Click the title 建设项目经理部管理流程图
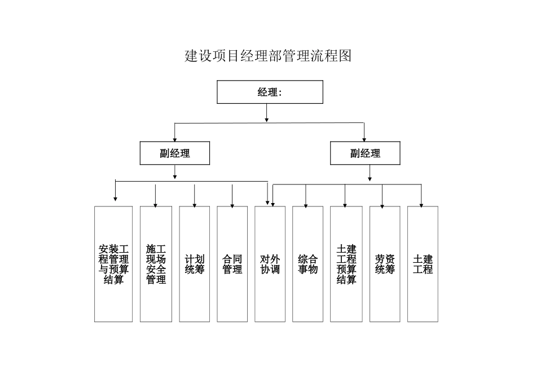pos(268,56)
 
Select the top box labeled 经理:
pos(270,92)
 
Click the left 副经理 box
pos(174,153)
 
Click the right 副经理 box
pos(365,153)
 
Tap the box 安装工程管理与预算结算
pos(113,264)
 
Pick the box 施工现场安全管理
pos(156,264)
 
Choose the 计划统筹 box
pos(195,264)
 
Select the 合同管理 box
pos(232,264)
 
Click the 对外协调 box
pos(270,264)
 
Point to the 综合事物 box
pos(307,264)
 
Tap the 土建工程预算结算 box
pos(346,264)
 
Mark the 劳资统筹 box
pos(384,264)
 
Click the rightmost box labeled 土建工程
pos(423,264)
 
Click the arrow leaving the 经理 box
pos(267,113)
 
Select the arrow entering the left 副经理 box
pos(175,133)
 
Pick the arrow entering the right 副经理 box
pos(364,133)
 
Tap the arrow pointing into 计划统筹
pos(195,196)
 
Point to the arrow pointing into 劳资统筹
pos(383,196)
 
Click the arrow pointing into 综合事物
pos(306,196)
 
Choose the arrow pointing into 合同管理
pos(232,196)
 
